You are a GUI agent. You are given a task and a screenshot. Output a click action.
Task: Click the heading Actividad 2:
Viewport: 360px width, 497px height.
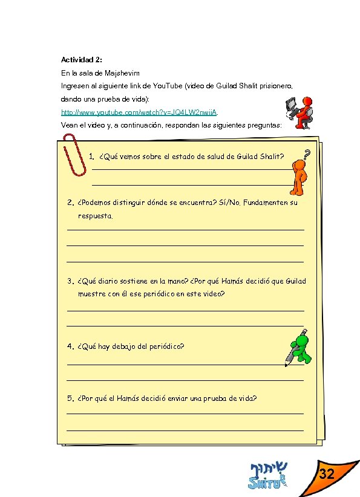(x=82, y=60)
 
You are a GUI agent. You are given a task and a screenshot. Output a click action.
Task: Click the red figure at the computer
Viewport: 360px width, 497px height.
(x=299, y=112)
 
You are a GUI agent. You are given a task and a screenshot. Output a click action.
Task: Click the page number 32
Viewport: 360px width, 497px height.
(x=327, y=474)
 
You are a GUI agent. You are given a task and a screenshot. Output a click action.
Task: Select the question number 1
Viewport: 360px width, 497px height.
(x=90, y=157)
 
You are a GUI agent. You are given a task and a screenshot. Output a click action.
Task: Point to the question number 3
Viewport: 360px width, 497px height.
(x=70, y=281)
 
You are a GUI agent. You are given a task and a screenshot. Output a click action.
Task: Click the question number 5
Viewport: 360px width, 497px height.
(x=70, y=398)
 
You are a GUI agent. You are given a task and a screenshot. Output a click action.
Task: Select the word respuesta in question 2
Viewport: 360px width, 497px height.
(x=95, y=216)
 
